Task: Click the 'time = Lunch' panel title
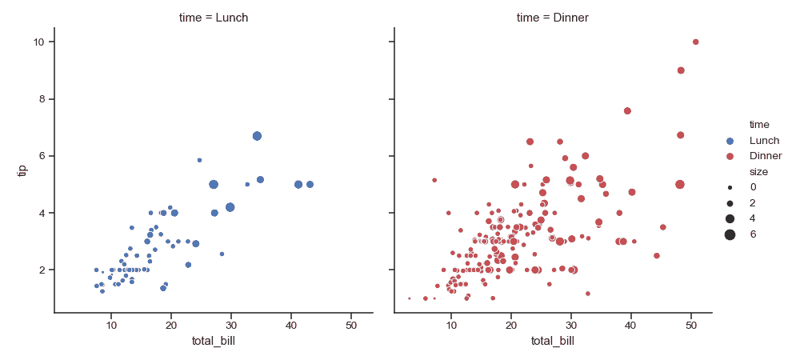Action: pos(214,17)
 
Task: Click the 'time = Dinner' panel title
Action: pos(553,17)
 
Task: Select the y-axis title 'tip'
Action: pos(22,170)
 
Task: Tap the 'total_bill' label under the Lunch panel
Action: pos(214,342)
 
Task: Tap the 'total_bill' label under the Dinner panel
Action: pos(553,342)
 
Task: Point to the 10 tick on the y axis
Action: pos(38,42)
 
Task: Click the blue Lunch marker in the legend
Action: pos(730,140)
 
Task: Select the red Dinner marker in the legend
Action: pos(730,155)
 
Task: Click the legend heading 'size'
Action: pos(757,171)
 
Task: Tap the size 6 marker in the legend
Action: pos(730,234)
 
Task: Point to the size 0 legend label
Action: pos(753,186)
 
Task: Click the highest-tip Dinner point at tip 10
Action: pos(695,42)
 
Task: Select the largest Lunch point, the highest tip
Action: pos(257,136)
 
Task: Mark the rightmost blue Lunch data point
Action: pos(310,184)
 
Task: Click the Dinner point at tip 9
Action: pos(681,70)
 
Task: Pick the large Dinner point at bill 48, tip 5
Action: pos(680,184)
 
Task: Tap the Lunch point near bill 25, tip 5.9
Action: pos(199,160)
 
